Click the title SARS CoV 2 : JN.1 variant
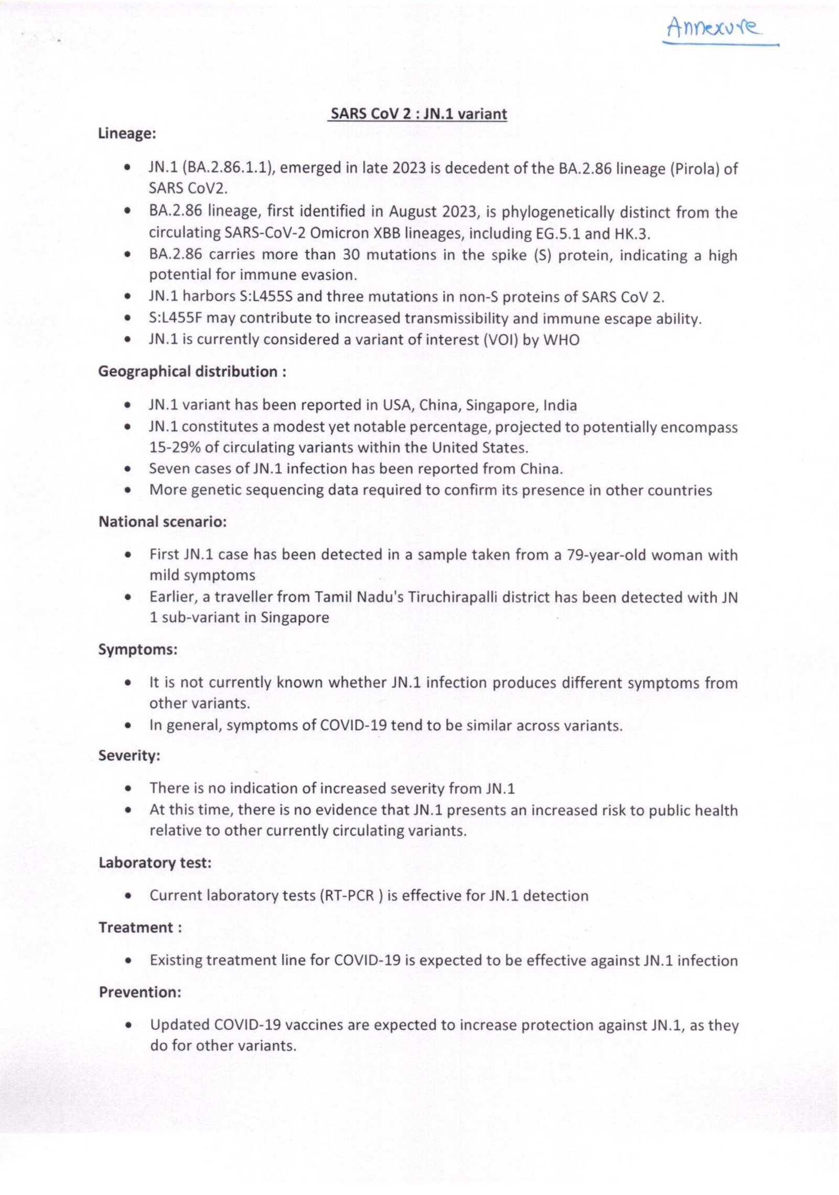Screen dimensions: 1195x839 (417, 114)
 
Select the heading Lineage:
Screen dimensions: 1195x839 (127, 134)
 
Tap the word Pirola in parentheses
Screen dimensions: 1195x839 (694, 169)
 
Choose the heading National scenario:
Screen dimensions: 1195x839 (163, 522)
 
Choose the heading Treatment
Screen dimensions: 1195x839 (140, 928)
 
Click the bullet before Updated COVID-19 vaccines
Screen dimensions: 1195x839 (128, 1026)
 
